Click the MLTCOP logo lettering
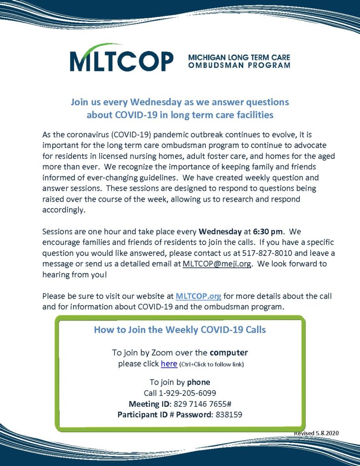click(x=122, y=61)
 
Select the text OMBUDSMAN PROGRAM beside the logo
click(x=239, y=66)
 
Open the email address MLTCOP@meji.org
click(x=217, y=264)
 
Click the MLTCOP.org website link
click(x=198, y=296)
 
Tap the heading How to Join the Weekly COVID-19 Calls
click(x=180, y=329)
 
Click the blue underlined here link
click(x=168, y=364)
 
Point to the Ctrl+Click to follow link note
click(x=212, y=365)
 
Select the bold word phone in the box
click(x=198, y=382)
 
